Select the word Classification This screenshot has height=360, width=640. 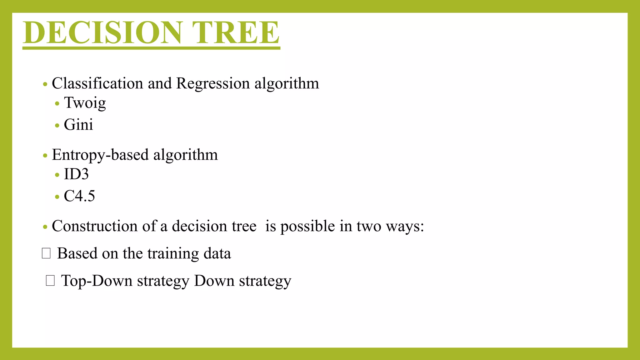[x=97, y=83]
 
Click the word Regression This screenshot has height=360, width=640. [x=213, y=83]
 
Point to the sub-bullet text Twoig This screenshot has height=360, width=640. [x=85, y=103]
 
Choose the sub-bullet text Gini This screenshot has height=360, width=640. [x=78, y=125]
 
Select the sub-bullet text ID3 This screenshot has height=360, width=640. [x=76, y=174]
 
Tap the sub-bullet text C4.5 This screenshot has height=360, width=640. [x=79, y=196]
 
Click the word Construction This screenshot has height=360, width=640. [x=94, y=226]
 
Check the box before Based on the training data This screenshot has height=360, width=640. [x=46, y=253]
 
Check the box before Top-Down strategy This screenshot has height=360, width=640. [x=50, y=281]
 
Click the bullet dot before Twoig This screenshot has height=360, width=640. [x=57, y=103]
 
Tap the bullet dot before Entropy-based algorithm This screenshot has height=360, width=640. [x=45, y=156]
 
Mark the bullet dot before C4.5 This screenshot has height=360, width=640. [x=57, y=197]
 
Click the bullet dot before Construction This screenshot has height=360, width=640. [x=45, y=227]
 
